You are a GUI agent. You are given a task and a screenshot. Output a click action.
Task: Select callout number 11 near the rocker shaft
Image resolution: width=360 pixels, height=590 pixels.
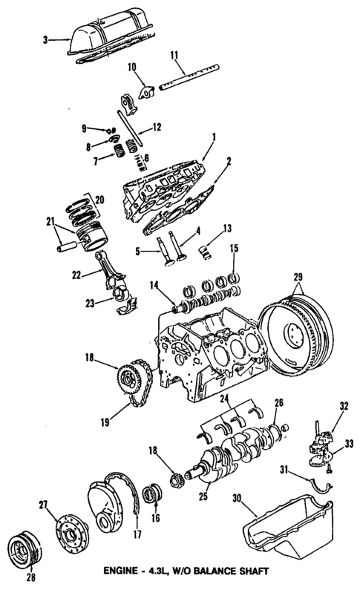(175, 55)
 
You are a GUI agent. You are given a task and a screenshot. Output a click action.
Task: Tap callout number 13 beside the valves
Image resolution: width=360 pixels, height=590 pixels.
(228, 227)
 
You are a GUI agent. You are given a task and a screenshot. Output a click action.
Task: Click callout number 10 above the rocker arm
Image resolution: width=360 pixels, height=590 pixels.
(131, 68)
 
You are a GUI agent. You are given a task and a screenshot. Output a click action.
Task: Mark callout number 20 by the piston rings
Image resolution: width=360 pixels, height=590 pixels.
(99, 200)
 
